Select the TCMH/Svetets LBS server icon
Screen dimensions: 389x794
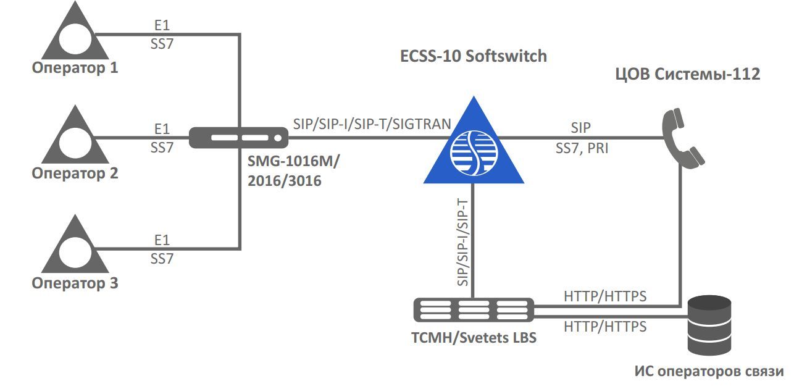click(x=474, y=309)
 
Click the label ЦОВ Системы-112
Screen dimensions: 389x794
click(x=687, y=74)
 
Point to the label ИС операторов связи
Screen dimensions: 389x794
click(x=709, y=372)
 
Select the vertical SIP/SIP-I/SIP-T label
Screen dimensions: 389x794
click(x=463, y=242)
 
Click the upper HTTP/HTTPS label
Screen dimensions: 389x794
click(x=604, y=296)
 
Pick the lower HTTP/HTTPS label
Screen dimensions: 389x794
click(x=604, y=326)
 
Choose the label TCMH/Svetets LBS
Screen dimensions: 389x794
click(x=474, y=338)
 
